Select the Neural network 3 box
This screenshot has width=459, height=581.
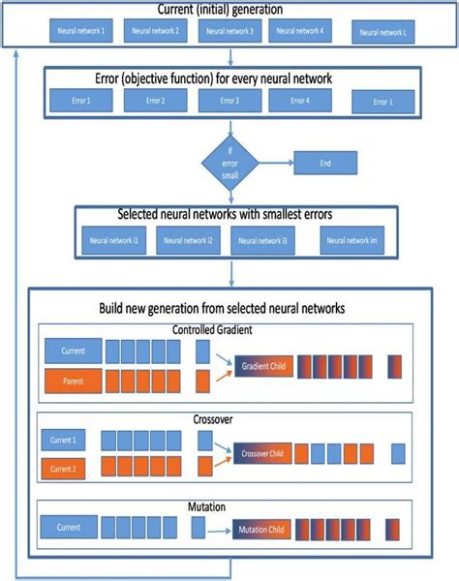[x=230, y=32]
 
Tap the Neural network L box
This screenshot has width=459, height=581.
[x=382, y=33]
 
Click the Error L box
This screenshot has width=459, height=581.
[x=382, y=102]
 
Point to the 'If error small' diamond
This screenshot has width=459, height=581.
[x=230, y=161]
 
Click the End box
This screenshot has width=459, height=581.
[x=325, y=163]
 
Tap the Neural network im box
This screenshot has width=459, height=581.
[x=352, y=242]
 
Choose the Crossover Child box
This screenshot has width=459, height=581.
[x=262, y=453]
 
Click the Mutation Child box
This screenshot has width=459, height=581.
[x=262, y=530]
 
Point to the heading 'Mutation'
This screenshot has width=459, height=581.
[x=230, y=505]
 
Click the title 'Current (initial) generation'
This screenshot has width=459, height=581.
[x=229, y=9]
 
